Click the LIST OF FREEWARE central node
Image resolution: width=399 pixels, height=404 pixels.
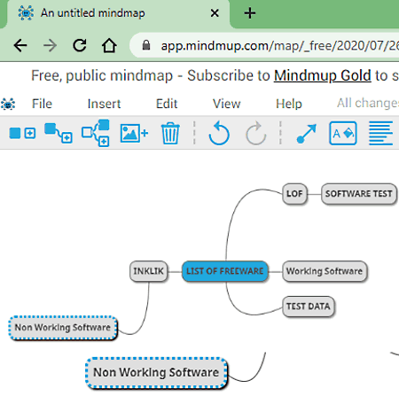[225, 271]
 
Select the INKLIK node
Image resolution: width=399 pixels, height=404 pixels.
[148, 271]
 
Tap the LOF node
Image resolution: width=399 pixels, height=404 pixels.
[294, 194]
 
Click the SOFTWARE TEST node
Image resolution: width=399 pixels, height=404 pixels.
[359, 194]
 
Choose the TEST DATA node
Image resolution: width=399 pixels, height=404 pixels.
[309, 307]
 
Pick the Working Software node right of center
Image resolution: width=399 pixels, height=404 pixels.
[325, 271]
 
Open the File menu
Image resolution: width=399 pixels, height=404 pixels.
[42, 104]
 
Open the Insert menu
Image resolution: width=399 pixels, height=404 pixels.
[104, 104]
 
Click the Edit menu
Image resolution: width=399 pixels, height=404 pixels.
[167, 104]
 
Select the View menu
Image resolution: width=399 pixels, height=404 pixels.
[227, 104]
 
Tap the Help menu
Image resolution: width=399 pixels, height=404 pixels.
[289, 104]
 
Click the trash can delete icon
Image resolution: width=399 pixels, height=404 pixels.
[170, 134]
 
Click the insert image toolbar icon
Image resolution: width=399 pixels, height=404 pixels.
[134, 134]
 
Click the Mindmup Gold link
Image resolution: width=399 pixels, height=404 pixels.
[323, 75]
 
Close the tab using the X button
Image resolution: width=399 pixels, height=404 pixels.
[215, 13]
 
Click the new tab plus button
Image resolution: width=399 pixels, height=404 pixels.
[250, 13]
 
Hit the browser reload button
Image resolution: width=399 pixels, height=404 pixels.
[80, 45]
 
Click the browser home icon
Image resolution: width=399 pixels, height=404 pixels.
[109, 45]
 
